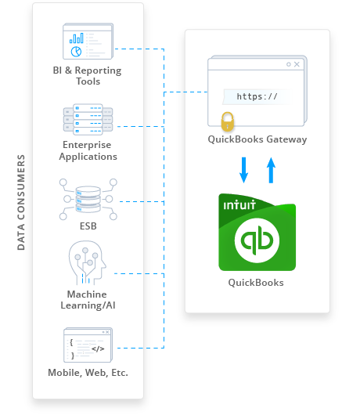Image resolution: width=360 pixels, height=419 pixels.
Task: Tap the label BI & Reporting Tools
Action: pos(88,76)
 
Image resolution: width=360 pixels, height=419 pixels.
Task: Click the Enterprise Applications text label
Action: pos(88,150)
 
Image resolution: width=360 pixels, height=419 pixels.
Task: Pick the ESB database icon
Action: pos(88,196)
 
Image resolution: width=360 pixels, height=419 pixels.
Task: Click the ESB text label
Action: pos(88,226)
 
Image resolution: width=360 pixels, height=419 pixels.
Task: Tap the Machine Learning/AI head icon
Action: pos(86,262)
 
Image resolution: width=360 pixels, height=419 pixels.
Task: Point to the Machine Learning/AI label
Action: pos(88,299)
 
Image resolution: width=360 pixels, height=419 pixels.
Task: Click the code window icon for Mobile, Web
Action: pos(88,345)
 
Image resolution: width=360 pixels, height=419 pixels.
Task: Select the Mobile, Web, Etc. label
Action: pos(88,373)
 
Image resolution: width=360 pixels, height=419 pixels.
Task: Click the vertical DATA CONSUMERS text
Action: pos(21,202)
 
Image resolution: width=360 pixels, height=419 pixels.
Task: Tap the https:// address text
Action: pos(257,97)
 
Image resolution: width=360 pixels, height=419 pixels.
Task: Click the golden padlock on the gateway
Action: pos(227,121)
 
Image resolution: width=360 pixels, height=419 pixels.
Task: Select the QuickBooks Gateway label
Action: pos(257,140)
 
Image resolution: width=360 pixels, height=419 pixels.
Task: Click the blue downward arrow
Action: pos(243,169)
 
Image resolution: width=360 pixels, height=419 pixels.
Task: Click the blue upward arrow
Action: pos(272,169)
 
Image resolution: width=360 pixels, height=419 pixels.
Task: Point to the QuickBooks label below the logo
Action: pos(256,282)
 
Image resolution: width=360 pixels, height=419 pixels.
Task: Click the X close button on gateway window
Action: pos(297,64)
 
